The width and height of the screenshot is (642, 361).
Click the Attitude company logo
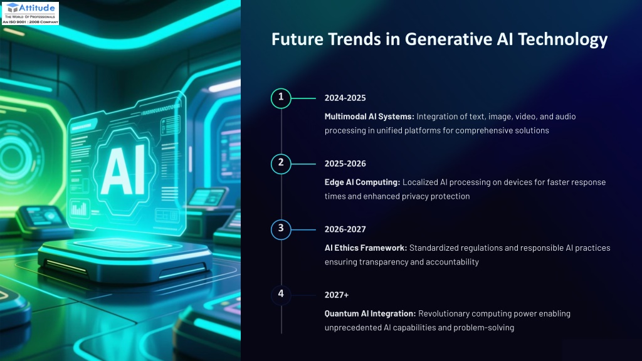[x=30, y=13]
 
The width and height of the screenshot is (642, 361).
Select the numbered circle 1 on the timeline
[x=281, y=98]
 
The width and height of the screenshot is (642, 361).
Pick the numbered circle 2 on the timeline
[x=281, y=164]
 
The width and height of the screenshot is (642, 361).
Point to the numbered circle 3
[x=281, y=229]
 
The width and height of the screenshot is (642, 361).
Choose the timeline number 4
[x=281, y=295]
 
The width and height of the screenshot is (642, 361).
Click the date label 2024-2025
[x=345, y=98]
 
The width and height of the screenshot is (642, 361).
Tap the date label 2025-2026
[x=345, y=164]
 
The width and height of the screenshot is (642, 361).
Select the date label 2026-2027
[x=345, y=229]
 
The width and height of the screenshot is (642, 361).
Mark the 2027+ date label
[x=337, y=295]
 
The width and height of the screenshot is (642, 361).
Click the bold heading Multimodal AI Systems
[x=369, y=117]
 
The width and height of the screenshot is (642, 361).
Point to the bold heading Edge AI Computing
[x=362, y=182]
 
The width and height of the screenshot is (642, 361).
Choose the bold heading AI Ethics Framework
[x=366, y=248]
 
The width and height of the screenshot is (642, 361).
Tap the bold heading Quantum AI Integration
[x=370, y=313]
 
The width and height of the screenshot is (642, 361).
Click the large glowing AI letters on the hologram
[x=123, y=170]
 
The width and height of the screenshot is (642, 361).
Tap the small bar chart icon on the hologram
[x=79, y=209]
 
